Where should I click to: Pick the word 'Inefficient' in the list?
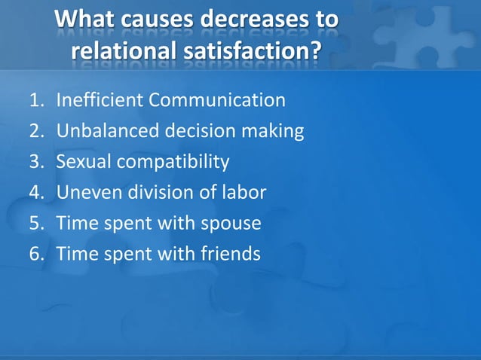click(100, 100)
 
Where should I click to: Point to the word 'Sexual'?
click(83, 162)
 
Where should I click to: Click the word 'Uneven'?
click(86, 193)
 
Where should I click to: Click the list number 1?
click(35, 100)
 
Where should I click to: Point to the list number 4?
click(35, 193)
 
